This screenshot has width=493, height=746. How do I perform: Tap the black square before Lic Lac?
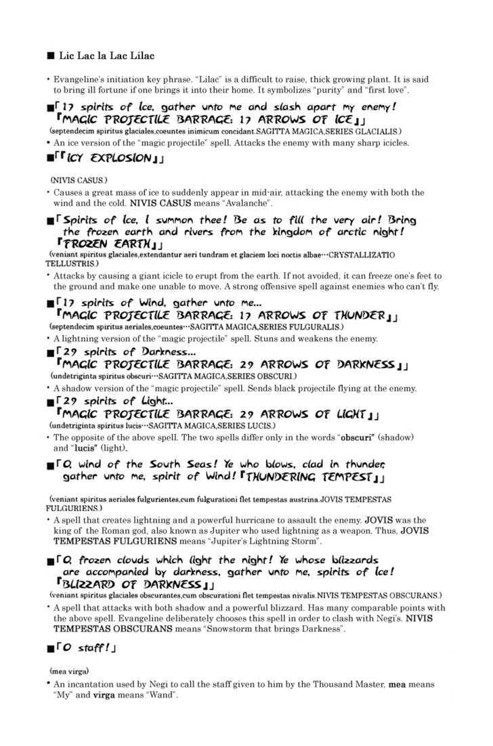(49, 55)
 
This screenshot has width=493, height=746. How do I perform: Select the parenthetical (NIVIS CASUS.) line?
(79, 181)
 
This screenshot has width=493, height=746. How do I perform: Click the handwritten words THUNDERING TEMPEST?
(309, 477)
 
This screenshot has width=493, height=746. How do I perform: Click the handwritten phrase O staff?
(84, 648)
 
